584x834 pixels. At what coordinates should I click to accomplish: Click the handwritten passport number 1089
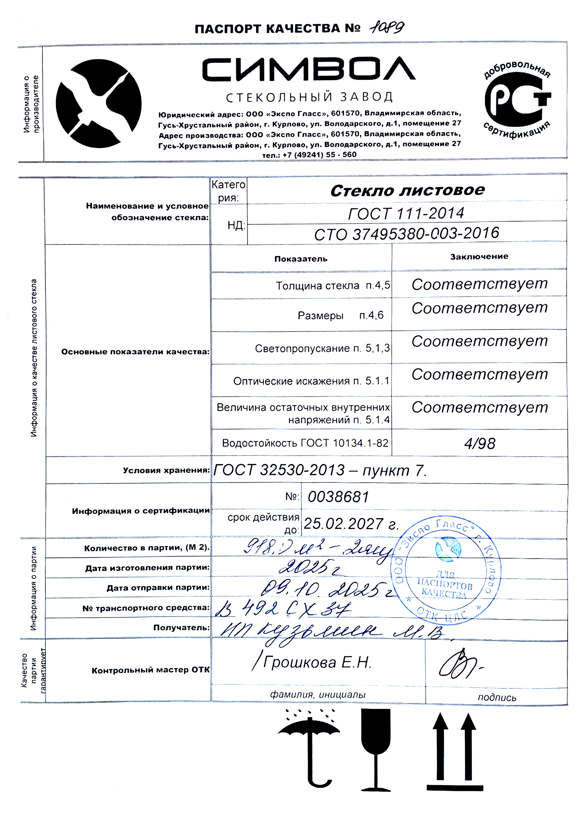click(387, 28)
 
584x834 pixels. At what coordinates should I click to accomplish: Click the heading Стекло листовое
click(407, 191)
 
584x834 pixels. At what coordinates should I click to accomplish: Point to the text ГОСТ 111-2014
click(406, 213)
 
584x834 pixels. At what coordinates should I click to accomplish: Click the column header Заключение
click(479, 256)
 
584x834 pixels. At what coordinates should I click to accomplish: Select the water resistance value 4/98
click(479, 443)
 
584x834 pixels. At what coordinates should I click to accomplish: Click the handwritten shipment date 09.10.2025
click(327, 589)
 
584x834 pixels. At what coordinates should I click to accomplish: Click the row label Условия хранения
click(166, 470)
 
